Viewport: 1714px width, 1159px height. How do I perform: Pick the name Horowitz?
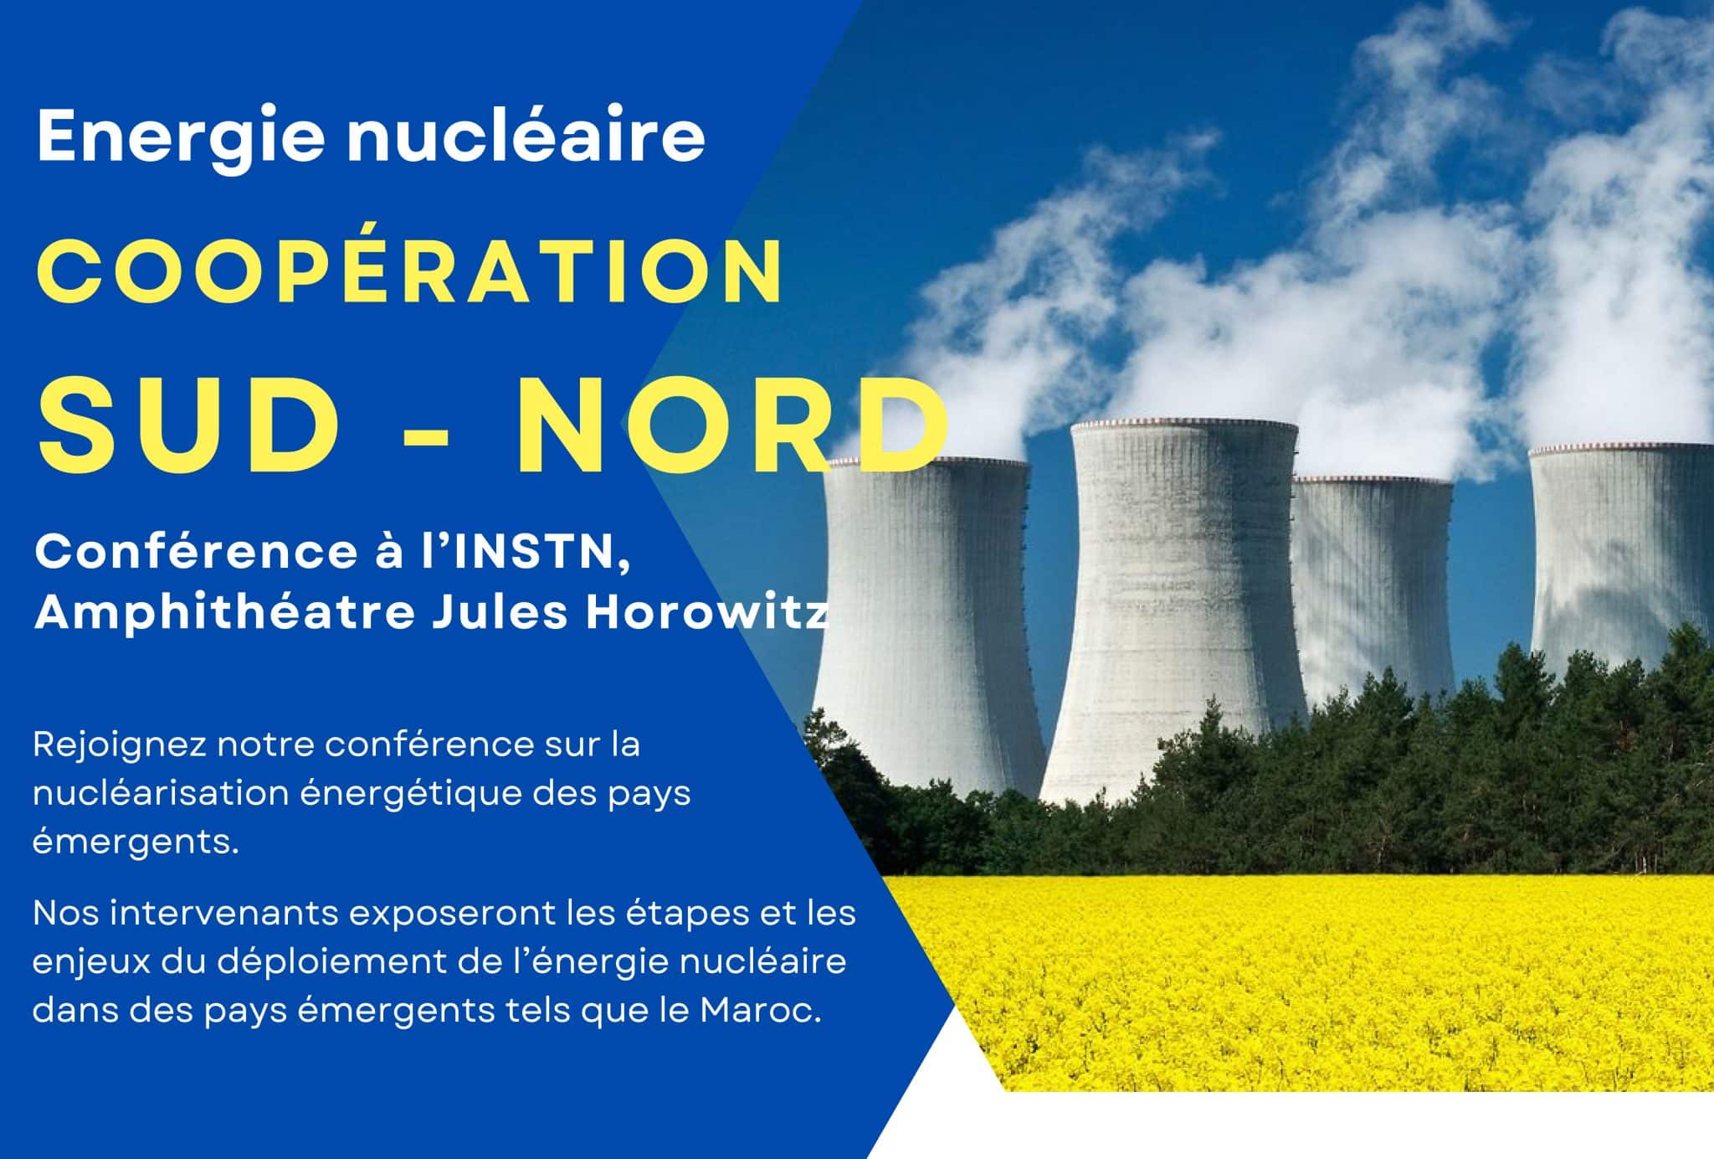[x=707, y=612]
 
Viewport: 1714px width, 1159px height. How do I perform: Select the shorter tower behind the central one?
[x=1373, y=586]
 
